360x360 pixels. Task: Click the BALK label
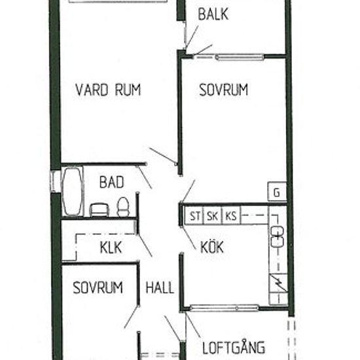click(x=213, y=14)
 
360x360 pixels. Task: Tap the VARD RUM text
click(x=108, y=90)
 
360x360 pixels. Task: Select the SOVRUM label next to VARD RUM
click(x=224, y=90)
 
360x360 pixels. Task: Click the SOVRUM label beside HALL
click(x=98, y=287)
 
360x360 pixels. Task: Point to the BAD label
click(x=111, y=183)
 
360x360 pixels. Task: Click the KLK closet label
click(x=111, y=247)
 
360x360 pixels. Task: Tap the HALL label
click(x=160, y=287)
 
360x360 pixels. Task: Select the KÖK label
click(x=212, y=247)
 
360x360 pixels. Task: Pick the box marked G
click(x=276, y=193)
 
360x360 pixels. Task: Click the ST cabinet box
click(x=195, y=215)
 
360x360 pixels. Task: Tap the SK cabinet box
click(x=213, y=215)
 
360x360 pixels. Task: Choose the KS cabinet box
click(x=230, y=215)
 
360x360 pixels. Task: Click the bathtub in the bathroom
click(x=71, y=190)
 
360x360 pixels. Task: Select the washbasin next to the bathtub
click(x=98, y=209)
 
